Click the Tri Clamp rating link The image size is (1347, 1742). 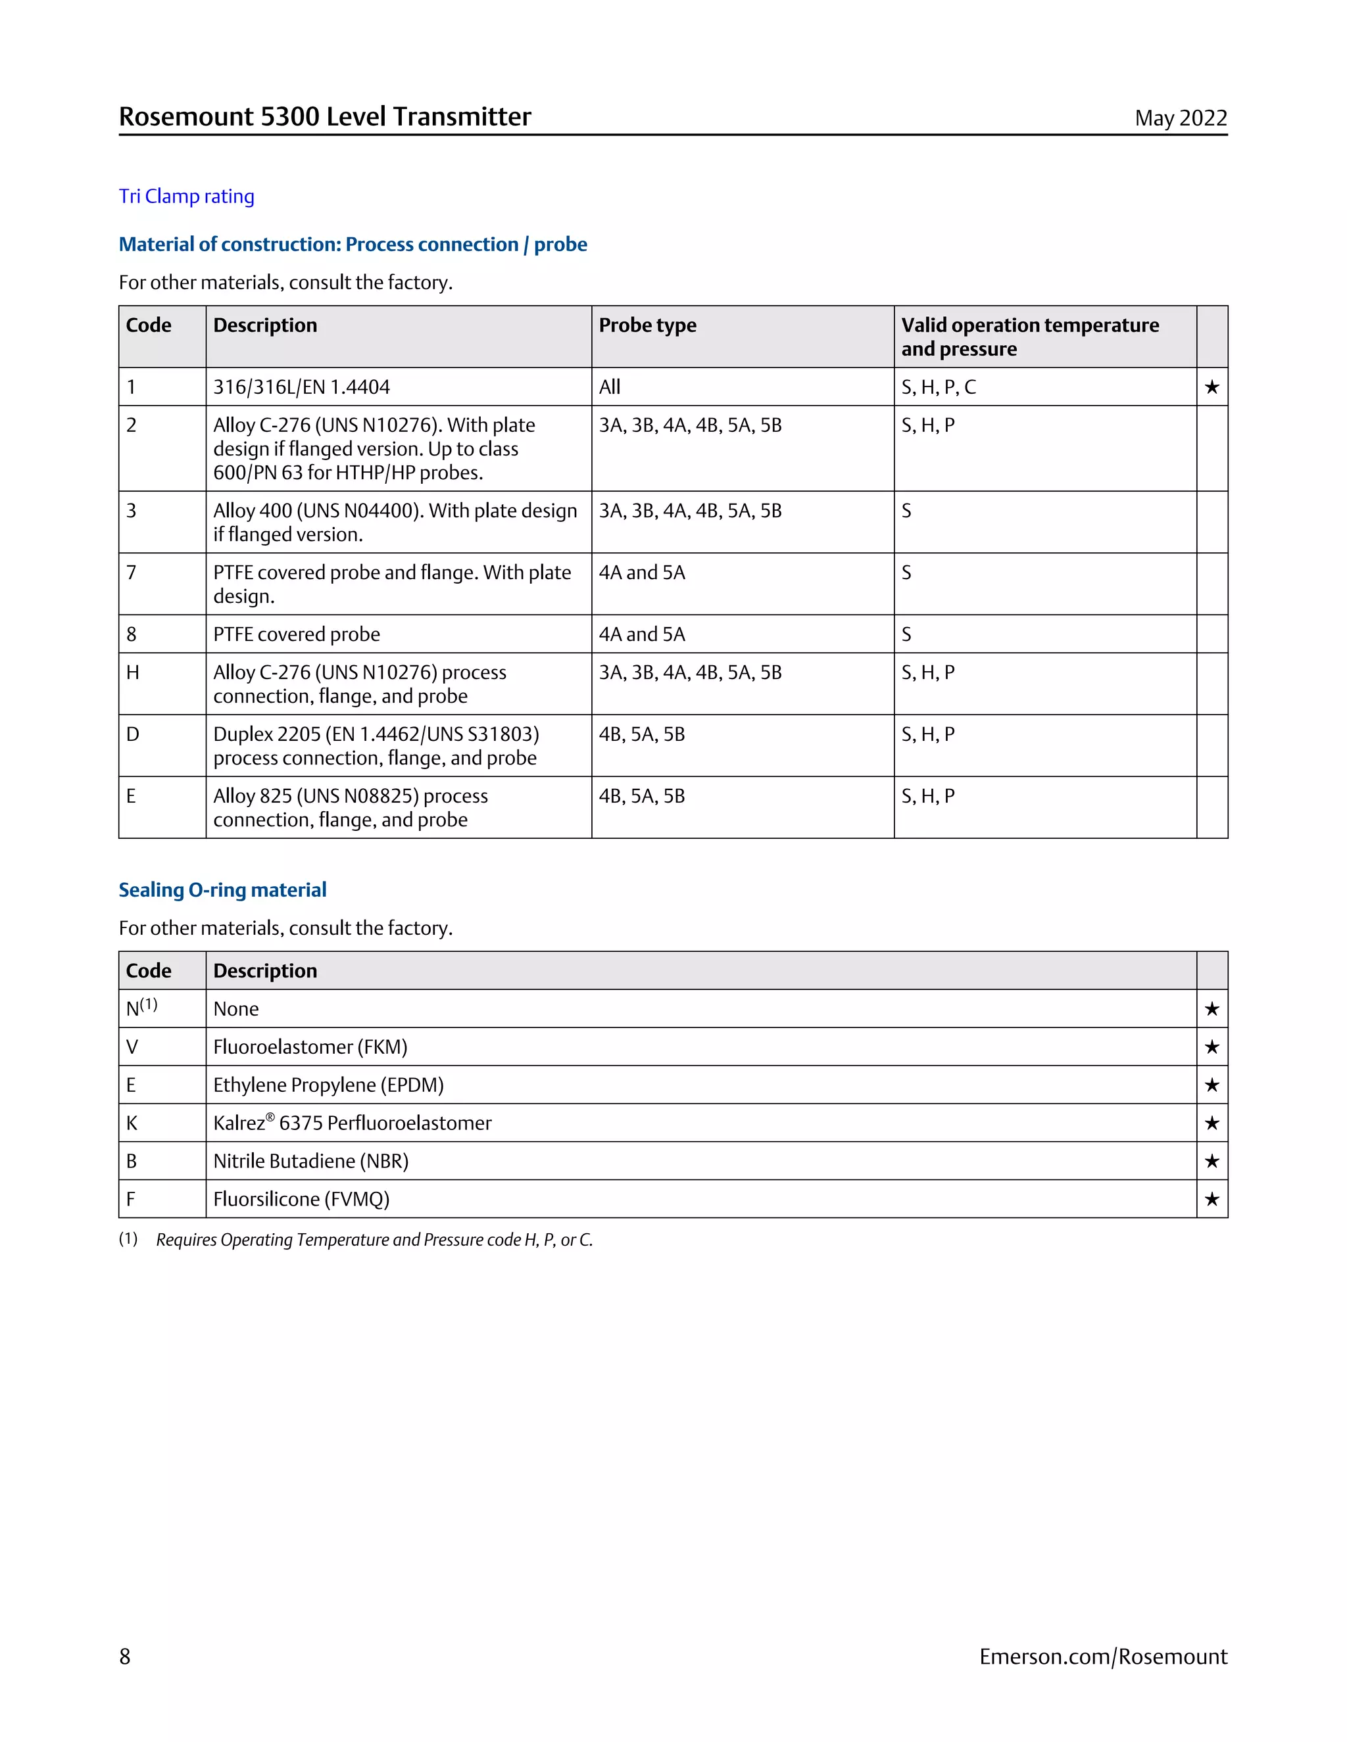coord(186,196)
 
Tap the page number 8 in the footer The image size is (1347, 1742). coord(124,1657)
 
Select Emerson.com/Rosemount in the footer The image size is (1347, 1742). coord(1103,1657)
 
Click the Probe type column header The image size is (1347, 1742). coord(647,325)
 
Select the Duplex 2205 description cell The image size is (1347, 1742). coord(376,746)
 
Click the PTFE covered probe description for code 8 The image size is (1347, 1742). coord(296,634)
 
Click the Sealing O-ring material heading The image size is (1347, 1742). coord(223,889)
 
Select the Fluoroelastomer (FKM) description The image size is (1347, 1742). coord(310,1047)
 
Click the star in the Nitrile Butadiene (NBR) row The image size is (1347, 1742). coord(1212,1162)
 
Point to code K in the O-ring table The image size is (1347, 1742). coord(132,1123)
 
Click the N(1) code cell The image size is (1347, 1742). coord(142,1008)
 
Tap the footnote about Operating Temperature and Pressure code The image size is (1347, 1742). coord(374,1240)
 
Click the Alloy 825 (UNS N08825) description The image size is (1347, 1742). coord(351,807)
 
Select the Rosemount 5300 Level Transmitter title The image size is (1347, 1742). coord(325,116)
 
